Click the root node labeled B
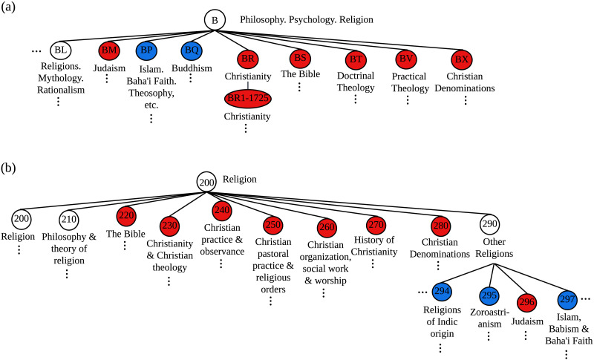tap(215, 20)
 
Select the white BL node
tap(61, 50)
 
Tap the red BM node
tap(109, 50)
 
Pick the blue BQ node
tap(192, 50)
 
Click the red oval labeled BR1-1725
tap(248, 99)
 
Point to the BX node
tap(462, 60)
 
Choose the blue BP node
tap(146, 50)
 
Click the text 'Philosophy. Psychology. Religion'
tap(307, 20)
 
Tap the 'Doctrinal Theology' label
tap(356, 82)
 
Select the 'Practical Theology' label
tap(410, 82)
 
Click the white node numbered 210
tap(69, 219)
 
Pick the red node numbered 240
tap(222, 211)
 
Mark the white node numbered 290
tap(489, 224)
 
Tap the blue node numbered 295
tap(489, 295)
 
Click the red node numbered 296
tap(527, 302)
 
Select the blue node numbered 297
tap(567, 300)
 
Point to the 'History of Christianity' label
tap(374, 246)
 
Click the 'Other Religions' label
tap(495, 248)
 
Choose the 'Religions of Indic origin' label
tap(442, 321)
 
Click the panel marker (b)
tap(8, 168)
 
